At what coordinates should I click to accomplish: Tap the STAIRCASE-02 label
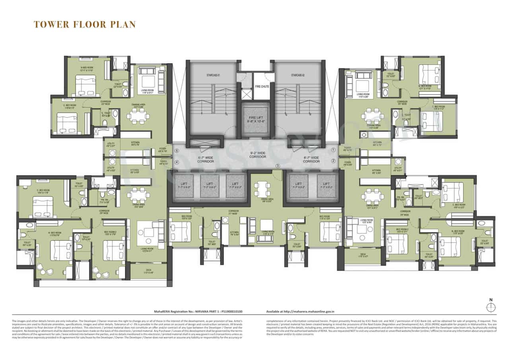[x=297, y=75]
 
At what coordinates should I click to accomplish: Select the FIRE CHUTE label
[x=261, y=86]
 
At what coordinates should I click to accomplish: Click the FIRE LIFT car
[x=254, y=119]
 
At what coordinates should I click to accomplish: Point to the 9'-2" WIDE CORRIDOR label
[x=258, y=154]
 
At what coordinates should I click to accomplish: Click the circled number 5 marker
[x=177, y=151]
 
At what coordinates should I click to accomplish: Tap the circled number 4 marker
[x=177, y=162]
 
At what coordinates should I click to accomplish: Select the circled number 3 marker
[x=278, y=166]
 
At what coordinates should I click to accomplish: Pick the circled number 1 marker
[x=334, y=150]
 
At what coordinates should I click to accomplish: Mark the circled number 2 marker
[x=334, y=161]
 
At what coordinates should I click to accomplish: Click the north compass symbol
[x=491, y=307]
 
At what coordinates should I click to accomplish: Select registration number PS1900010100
[x=229, y=312]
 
